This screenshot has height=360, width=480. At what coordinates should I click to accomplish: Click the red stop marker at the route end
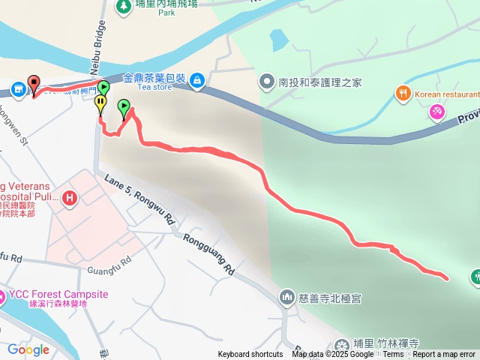tap(33, 83)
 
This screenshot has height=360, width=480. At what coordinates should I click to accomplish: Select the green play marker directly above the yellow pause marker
tap(103, 89)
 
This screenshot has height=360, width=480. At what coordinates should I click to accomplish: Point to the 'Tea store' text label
tap(154, 87)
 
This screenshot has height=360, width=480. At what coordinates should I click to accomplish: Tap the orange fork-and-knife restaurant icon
tap(403, 94)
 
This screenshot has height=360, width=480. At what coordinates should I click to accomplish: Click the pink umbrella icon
tap(436, 111)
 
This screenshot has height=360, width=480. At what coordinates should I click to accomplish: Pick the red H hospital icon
tap(70, 198)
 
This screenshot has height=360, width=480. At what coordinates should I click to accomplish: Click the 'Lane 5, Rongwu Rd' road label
tap(139, 199)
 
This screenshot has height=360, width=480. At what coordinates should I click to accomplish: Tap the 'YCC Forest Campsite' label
tap(58, 294)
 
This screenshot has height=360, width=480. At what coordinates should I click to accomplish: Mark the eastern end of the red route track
tap(447, 278)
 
